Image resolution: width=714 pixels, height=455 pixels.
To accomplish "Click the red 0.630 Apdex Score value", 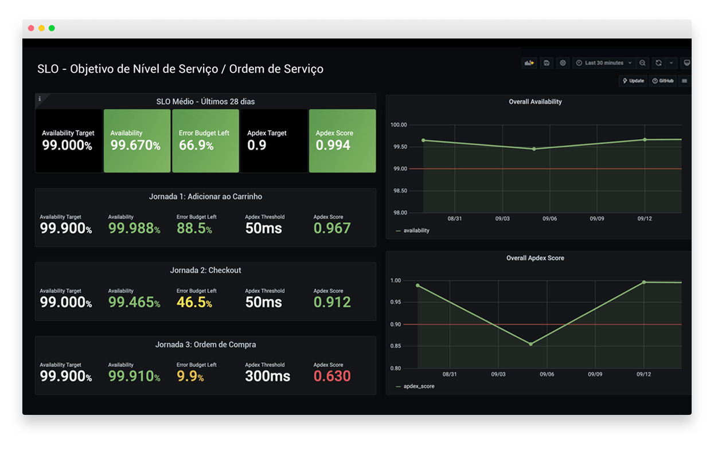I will [332, 376].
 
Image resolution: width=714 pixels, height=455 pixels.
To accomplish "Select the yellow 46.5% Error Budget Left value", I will [194, 302].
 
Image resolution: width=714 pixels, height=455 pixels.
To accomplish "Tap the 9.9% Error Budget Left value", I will [190, 376].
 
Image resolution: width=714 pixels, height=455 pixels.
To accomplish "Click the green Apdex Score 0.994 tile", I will [342, 141].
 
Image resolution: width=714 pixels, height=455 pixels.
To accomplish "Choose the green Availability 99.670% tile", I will [137, 141].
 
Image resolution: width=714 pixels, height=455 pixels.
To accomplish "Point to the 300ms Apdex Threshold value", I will [267, 376].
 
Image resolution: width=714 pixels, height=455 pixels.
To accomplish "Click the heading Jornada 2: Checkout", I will [205, 270].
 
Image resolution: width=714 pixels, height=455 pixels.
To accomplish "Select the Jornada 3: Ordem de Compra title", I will [205, 344].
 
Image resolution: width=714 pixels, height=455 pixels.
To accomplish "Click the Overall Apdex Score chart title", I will [534, 258].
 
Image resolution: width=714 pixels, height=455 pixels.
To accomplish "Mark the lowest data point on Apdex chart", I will [530, 344].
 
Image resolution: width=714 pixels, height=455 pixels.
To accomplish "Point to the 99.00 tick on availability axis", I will [399, 168].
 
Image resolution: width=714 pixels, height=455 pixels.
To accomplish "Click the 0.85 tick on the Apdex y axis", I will [396, 346].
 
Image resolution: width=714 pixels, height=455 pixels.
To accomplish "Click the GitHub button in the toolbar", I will [662, 81].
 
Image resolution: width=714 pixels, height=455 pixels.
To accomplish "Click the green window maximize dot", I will [52, 28].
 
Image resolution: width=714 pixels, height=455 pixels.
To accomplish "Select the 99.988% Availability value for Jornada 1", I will [134, 228].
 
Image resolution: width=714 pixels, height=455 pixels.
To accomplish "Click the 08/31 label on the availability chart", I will [454, 218].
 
